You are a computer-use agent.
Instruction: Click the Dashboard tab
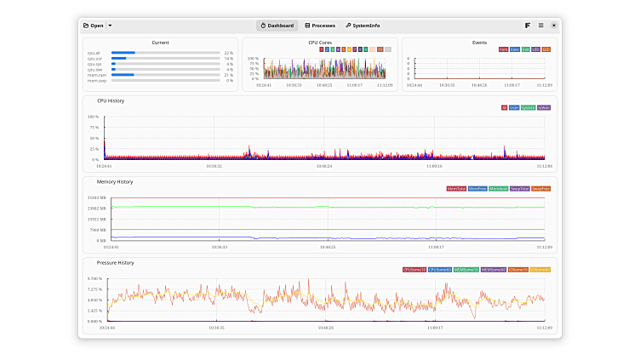point(277,26)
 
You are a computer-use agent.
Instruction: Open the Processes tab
point(320,26)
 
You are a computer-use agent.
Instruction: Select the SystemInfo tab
point(363,26)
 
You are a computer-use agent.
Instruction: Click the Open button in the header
point(93,26)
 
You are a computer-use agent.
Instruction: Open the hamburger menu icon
point(540,26)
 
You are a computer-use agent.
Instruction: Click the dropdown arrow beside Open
point(110,26)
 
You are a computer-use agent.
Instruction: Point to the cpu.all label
point(94,53)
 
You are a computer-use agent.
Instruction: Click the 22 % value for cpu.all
point(228,53)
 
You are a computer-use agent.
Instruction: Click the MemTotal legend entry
point(456,188)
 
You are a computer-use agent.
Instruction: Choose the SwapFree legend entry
point(540,188)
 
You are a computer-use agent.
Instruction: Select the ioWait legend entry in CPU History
point(544,107)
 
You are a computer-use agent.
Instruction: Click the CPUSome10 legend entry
point(414,269)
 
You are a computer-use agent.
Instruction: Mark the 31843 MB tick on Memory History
point(95,198)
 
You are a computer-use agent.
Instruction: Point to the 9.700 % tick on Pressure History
point(94,279)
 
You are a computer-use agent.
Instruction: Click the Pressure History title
point(115,263)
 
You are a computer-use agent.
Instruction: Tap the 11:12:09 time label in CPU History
point(543,166)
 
